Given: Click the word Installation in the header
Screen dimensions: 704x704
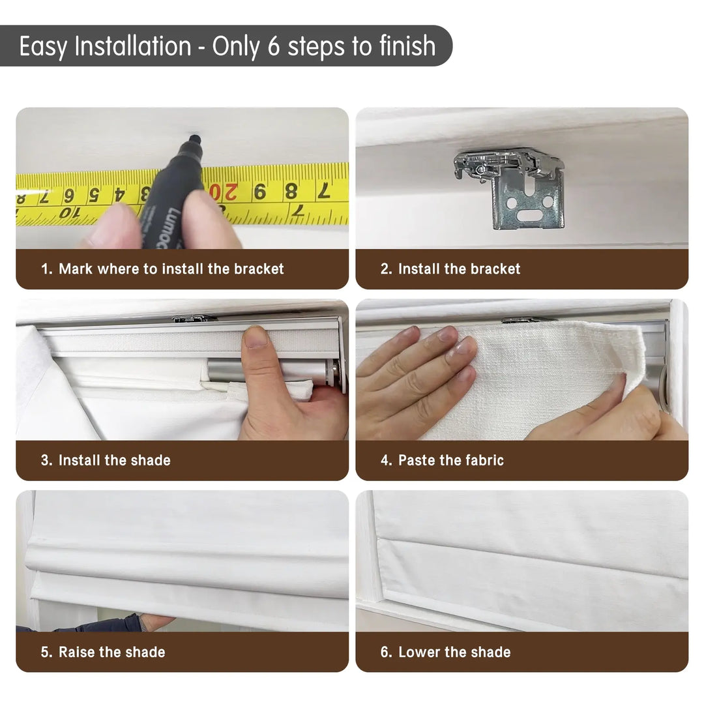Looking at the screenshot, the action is point(133,46).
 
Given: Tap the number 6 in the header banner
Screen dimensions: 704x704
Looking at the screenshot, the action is point(273,46).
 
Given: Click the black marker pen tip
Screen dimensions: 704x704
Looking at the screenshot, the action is point(195,138).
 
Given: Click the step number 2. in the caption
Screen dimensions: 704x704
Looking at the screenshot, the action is point(386,269).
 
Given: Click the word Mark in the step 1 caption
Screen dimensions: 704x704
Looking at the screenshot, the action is point(76,269).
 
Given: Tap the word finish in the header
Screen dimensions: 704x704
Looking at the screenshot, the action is point(407,46).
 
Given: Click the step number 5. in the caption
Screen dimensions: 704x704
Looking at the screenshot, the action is point(47,652).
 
